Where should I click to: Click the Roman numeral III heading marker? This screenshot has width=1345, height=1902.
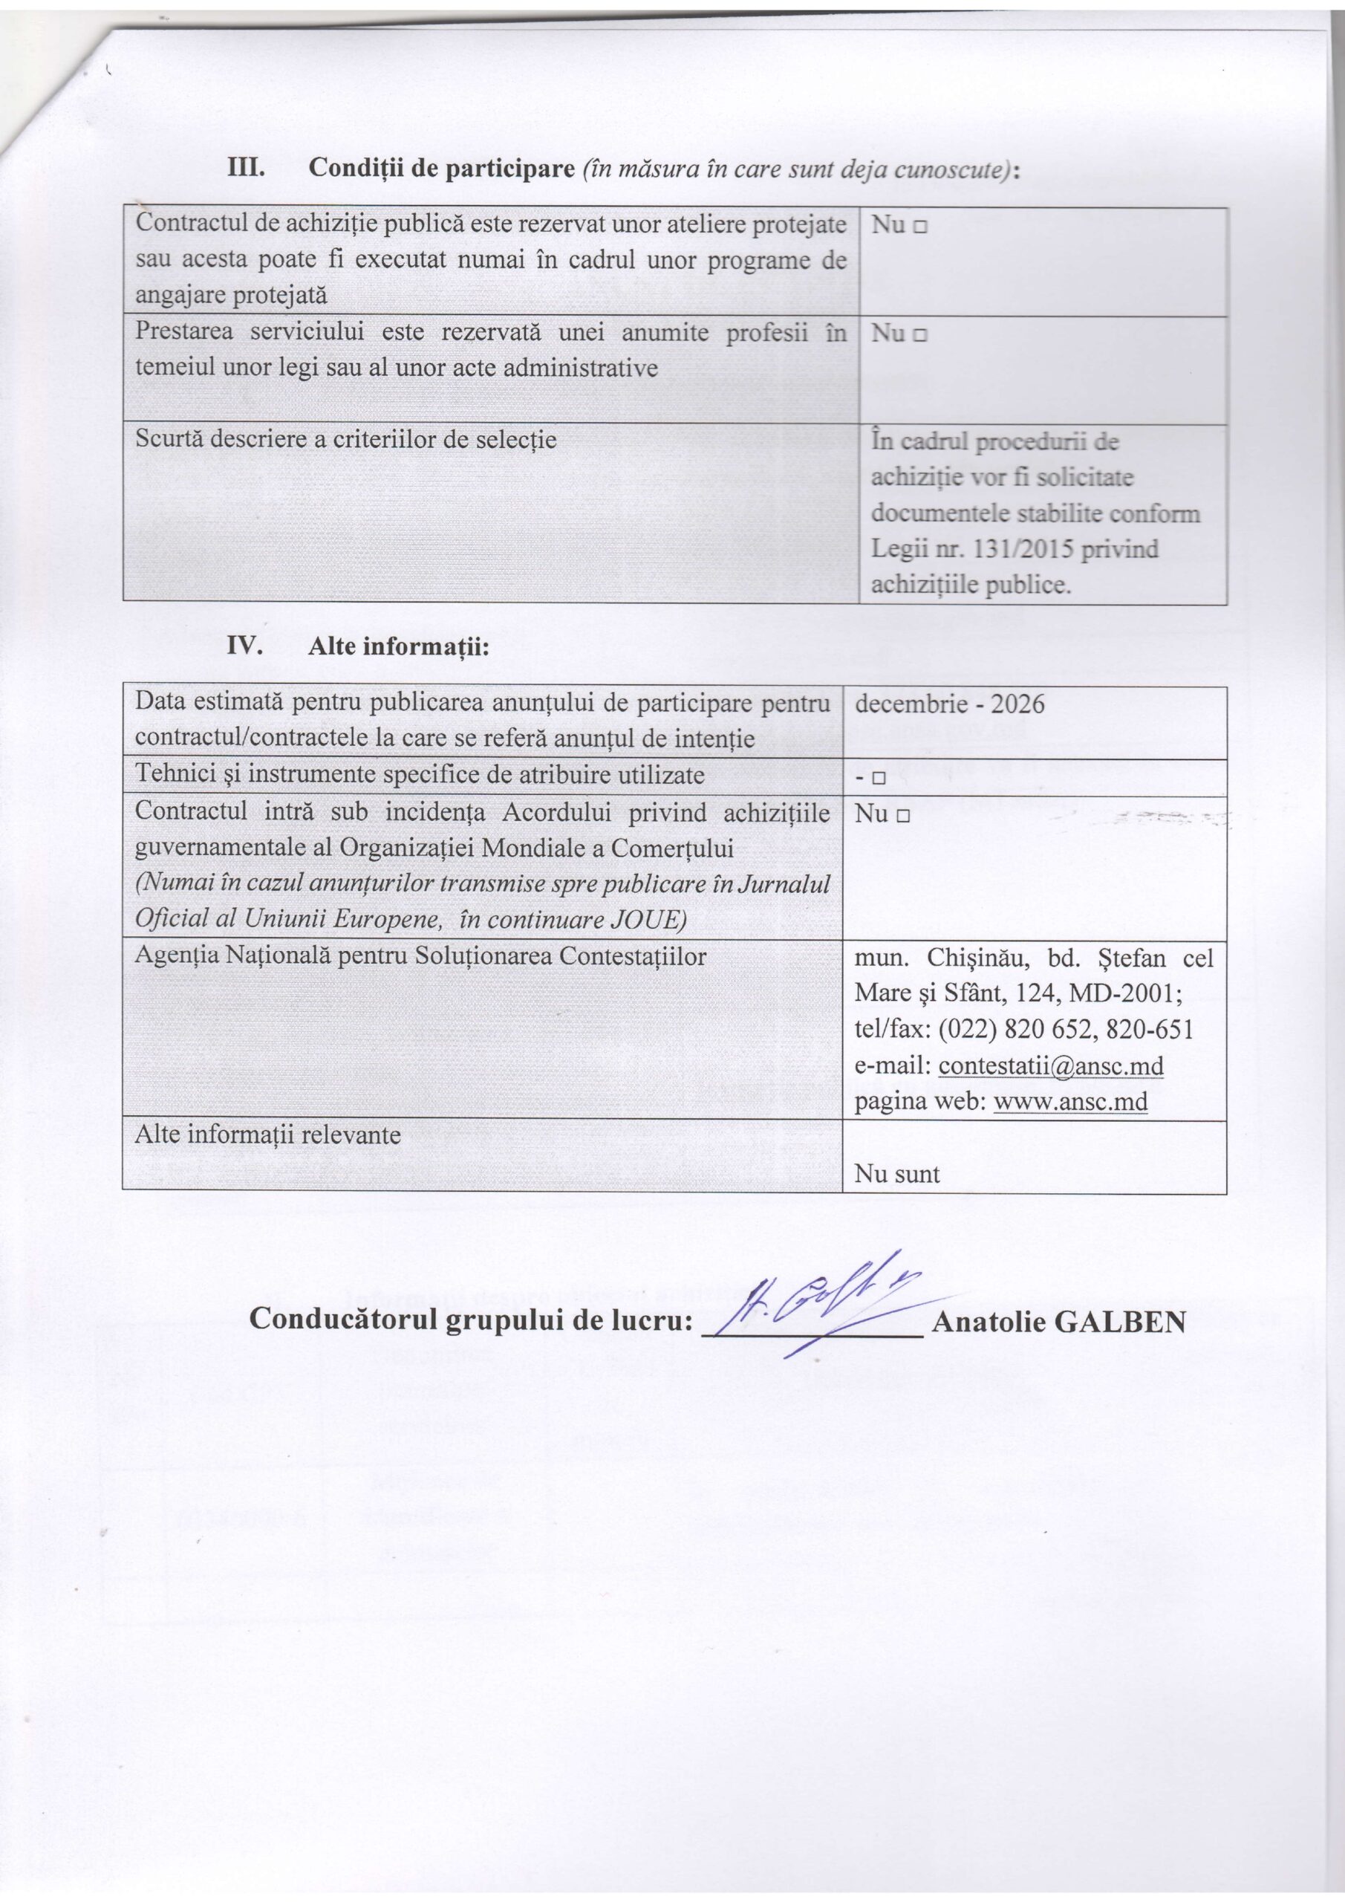click(x=246, y=168)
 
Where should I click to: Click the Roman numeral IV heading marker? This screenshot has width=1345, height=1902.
click(x=246, y=646)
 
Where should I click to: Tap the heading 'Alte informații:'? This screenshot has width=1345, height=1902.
click(x=400, y=647)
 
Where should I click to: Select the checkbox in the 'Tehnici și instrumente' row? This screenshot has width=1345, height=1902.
click(x=879, y=779)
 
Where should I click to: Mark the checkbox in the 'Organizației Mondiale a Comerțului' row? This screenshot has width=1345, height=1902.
click(x=903, y=816)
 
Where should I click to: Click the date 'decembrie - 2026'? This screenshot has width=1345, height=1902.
click(x=949, y=704)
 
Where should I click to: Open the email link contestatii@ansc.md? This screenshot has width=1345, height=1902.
click(x=1051, y=1066)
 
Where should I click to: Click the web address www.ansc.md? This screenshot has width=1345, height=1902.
click(x=1070, y=1103)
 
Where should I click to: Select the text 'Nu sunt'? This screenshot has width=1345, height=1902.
click(x=897, y=1173)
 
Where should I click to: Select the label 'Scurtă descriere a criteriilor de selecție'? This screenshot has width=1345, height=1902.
click(x=345, y=439)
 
